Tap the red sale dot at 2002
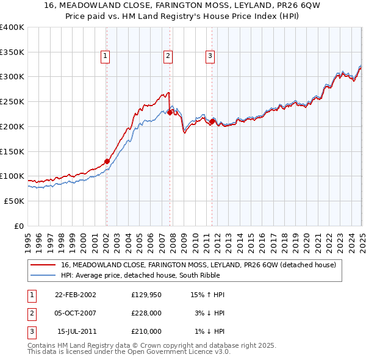pos(107,161)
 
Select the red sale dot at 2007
pos(170,112)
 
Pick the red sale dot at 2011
pos(212,121)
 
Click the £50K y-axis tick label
pos(14,201)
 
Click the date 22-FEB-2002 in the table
pos(76,295)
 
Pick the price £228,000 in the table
pos(146,313)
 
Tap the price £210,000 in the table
pos(146,331)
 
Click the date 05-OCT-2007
pos(76,313)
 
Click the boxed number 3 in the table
pos(30,331)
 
